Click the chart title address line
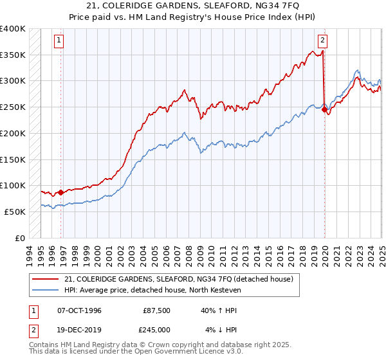(x=192, y=6)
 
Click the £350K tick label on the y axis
(x=13, y=55)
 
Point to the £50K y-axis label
(x=15, y=212)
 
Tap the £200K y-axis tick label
(x=13, y=133)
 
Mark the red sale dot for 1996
(x=60, y=192)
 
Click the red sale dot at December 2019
(x=324, y=110)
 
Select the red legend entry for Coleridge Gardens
(x=179, y=279)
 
